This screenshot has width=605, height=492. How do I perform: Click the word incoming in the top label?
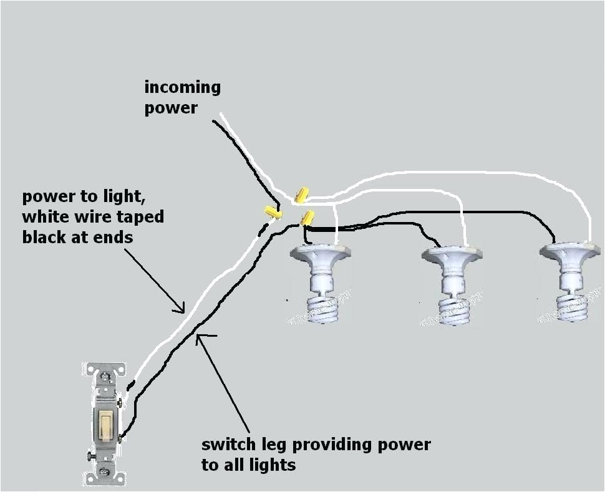click(x=182, y=87)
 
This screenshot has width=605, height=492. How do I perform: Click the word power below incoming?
click(x=170, y=108)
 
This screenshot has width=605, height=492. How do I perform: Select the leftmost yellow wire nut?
click(x=273, y=212)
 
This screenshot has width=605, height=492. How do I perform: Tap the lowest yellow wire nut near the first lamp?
click(x=307, y=218)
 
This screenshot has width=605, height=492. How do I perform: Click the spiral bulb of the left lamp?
click(x=322, y=309)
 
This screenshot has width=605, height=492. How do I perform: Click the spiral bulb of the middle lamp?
click(x=453, y=311)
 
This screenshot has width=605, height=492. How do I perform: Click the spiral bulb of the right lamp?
click(x=571, y=307)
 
